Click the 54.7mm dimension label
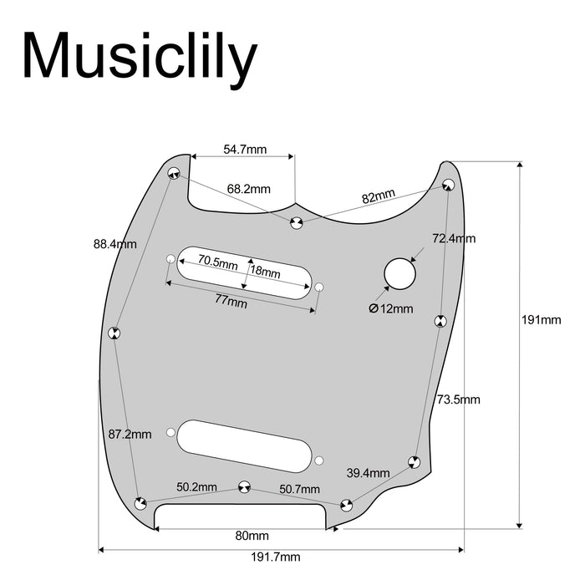(x=245, y=150)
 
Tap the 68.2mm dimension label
(x=249, y=190)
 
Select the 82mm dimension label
(x=379, y=197)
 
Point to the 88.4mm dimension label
(x=115, y=245)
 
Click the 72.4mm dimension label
(x=454, y=238)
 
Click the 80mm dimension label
(x=252, y=535)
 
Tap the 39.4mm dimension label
(x=369, y=473)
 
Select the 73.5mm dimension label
(x=459, y=399)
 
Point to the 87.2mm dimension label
(x=130, y=434)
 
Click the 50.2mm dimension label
(x=196, y=486)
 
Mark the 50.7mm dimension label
(x=299, y=488)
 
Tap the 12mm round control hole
(x=400, y=273)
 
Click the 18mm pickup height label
(x=266, y=271)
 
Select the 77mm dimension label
(x=231, y=303)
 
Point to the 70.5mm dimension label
(x=217, y=262)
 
